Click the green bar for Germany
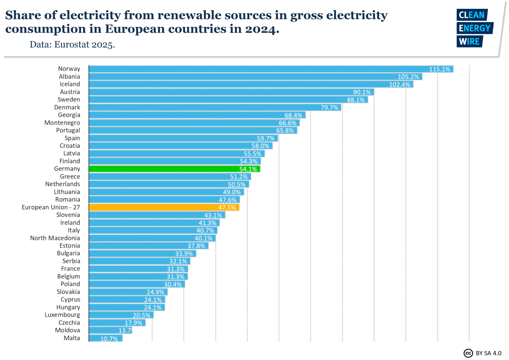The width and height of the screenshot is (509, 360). pos(174,169)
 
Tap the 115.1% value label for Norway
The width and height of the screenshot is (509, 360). pos(439,69)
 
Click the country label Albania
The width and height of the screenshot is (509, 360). pos(69,76)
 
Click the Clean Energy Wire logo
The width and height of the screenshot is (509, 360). pos(474,28)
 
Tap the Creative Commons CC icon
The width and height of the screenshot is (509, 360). pos(468,353)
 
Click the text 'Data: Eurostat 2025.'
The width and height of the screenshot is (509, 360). pos(72,45)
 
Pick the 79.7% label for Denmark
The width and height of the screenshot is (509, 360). pos(329,107)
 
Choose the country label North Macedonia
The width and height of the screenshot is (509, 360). pos(55,238)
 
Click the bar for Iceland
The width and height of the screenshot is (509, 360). pos(250,84)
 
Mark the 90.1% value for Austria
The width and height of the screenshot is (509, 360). pos(362,92)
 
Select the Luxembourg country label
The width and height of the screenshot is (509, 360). pos(62,315)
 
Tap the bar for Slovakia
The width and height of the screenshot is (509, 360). pos(128,292)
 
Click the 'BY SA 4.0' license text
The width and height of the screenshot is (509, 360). pos(489,353)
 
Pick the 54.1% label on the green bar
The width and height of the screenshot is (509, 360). pos(248,169)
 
